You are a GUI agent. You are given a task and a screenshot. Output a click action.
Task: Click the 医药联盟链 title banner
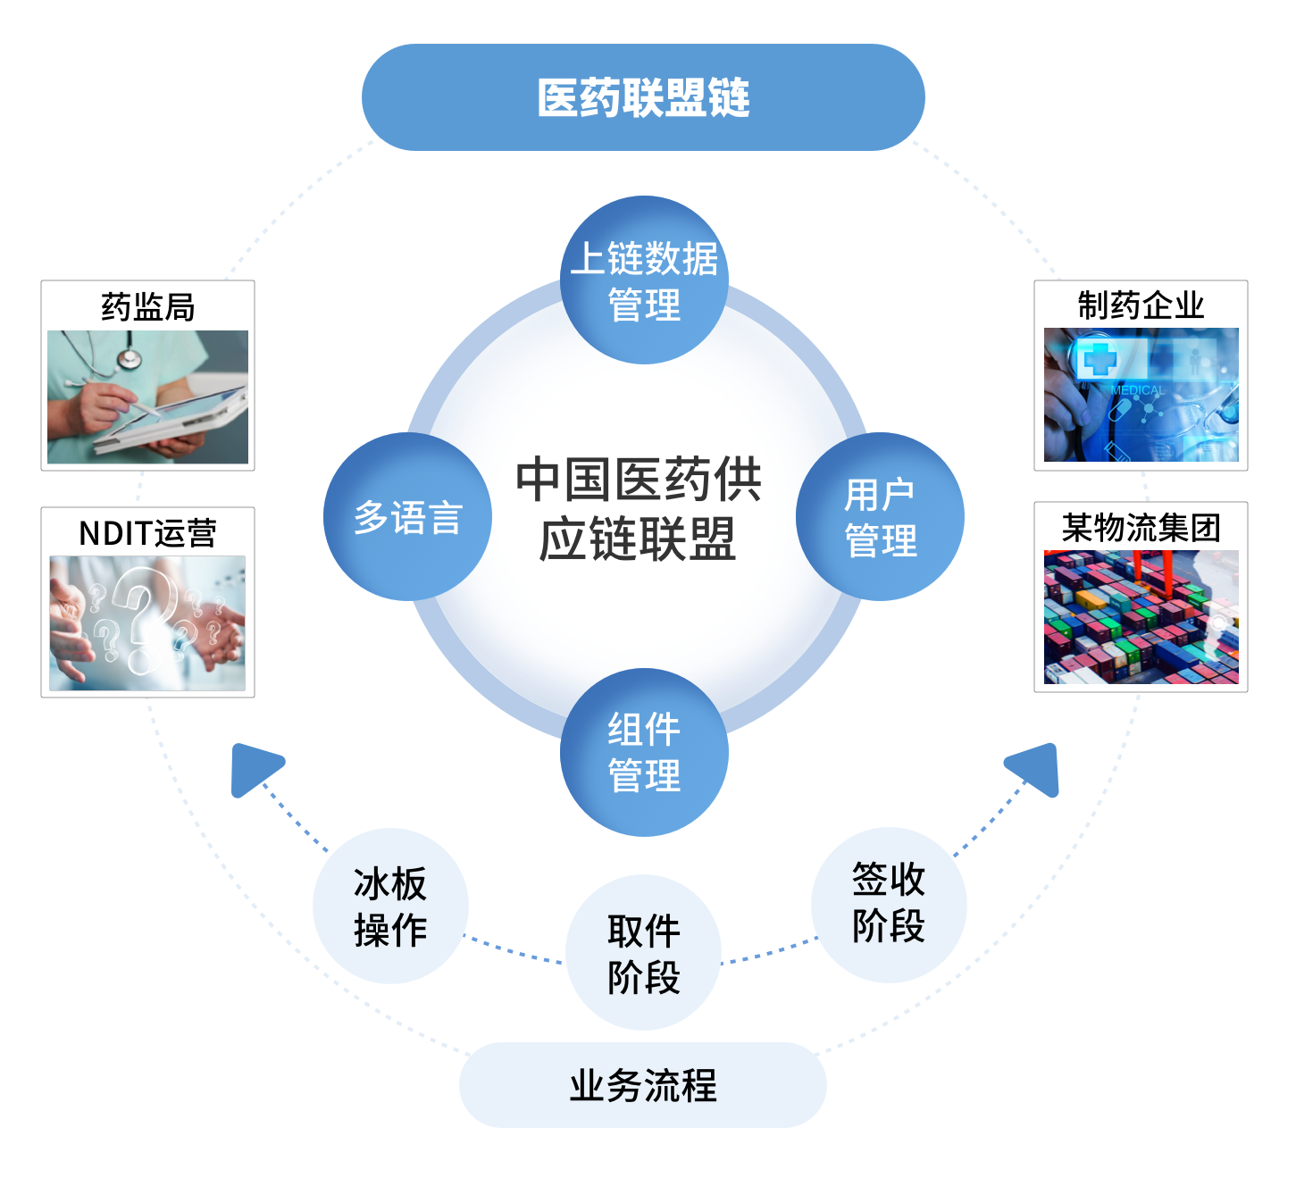[x=643, y=97]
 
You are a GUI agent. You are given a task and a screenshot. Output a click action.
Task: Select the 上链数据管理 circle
[x=644, y=280]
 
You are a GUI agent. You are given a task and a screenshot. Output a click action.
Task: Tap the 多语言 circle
[x=407, y=517]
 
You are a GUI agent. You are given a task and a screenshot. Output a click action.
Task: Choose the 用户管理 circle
[x=880, y=517]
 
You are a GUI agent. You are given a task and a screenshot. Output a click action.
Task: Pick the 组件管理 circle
[x=644, y=752]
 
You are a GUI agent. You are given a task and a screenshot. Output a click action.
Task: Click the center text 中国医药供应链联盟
[x=639, y=509]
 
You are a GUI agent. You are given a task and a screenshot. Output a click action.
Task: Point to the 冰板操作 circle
[x=390, y=906]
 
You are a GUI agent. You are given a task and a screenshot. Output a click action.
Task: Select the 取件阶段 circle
[x=643, y=953]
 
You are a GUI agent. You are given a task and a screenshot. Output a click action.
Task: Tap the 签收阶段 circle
[x=889, y=905]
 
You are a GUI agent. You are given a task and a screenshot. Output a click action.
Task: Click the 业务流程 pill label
[x=643, y=1085]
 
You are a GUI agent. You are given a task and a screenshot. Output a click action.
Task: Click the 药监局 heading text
[x=147, y=307]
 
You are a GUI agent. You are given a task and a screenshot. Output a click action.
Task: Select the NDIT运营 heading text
[x=147, y=533]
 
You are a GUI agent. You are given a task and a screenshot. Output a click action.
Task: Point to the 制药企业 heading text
[x=1141, y=305]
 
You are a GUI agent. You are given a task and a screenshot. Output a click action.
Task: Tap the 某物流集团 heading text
[x=1141, y=528]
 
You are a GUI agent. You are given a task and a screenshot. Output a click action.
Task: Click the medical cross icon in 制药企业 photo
[x=1099, y=359]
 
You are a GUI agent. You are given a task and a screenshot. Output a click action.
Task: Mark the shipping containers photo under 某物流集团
[x=1141, y=617]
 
